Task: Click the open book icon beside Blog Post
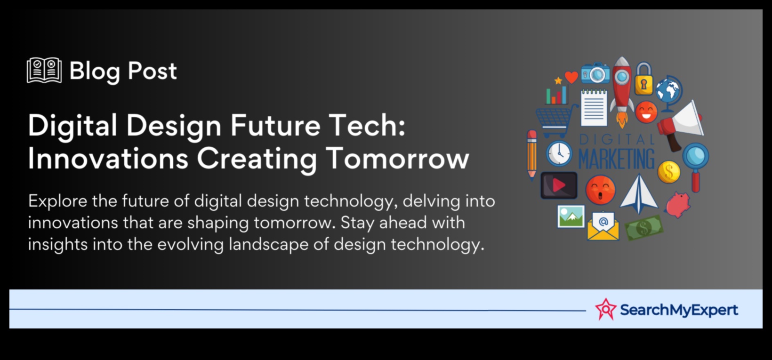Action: pos(44,70)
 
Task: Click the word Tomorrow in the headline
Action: pos(398,159)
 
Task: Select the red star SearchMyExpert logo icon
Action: pos(605,309)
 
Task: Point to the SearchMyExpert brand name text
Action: pos(679,310)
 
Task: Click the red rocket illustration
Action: pos(622,92)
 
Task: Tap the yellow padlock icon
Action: pos(644,78)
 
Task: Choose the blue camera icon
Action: pos(595,72)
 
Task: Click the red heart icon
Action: pos(571,77)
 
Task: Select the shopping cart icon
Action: pos(555,120)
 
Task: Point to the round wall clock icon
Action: pos(559,153)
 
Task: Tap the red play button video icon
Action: pos(559,185)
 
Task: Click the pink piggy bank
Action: pos(678,205)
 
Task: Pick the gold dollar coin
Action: pos(669,172)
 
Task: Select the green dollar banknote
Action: pos(644,227)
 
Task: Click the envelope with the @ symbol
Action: pos(603,226)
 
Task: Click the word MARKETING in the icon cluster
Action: pos(616,159)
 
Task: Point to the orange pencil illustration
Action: pos(532,155)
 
